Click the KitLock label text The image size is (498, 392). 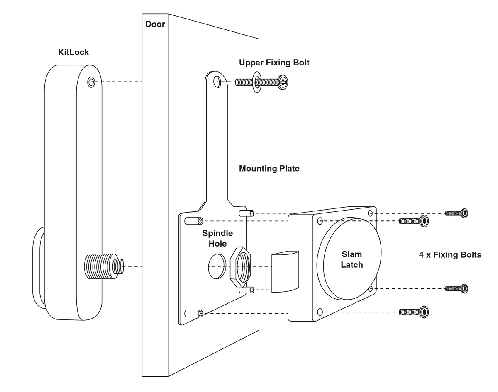[x=73, y=52]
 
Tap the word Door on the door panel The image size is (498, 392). [x=155, y=24]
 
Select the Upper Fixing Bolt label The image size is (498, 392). [x=274, y=63]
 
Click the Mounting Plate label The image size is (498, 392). [x=269, y=169]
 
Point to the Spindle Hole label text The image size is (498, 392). [x=217, y=238]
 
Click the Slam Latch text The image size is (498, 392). [x=352, y=259]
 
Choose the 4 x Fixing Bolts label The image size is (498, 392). [x=450, y=255]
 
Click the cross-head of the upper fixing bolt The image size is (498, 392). [x=283, y=82]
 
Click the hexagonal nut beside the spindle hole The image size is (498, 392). [x=241, y=267]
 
